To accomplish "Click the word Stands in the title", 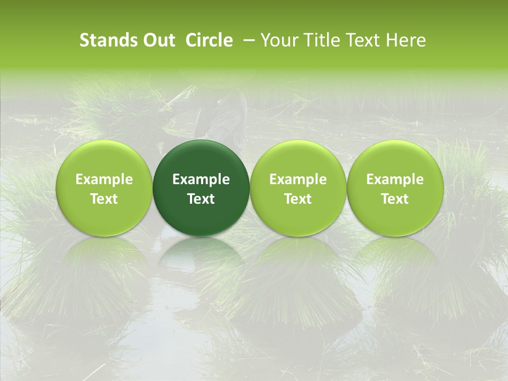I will [x=107, y=40].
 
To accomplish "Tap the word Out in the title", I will [x=157, y=40].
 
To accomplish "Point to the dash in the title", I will [x=247, y=40].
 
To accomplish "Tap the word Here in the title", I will [x=407, y=40].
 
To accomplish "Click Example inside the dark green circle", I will [x=201, y=179].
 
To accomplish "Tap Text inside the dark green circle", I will [x=201, y=199].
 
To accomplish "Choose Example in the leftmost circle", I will [x=104, y=179].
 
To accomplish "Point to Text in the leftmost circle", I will [x=104, y=199].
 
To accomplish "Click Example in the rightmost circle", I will [x=395, y=179].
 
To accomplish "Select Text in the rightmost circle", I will [x=395, y=199].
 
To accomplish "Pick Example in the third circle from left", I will [x=298, y=179].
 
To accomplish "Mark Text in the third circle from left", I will [x=298, y=199].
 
